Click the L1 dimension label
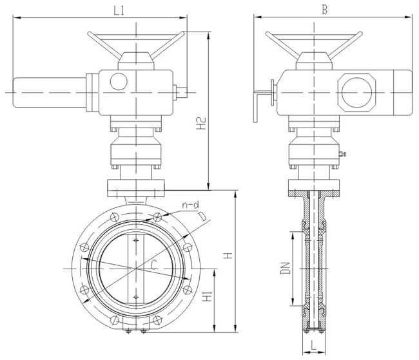pos(120,10)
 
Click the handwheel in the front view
pos(136,43)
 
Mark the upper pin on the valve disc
pos(135,242)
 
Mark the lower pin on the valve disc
pos(135,296)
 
